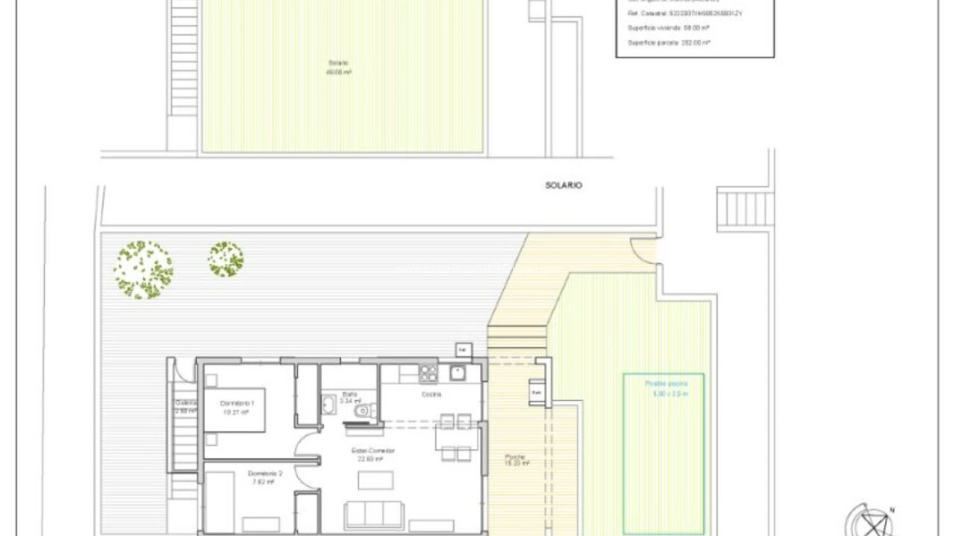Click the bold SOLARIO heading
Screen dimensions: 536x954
(563, 185)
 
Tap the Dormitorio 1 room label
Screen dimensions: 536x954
(237, 403)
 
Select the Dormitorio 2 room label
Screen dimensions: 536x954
(265, 473)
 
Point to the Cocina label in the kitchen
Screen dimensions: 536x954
(431, 394)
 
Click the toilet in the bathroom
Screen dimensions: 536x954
(363, 411)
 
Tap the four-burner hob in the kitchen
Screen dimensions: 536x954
(428, 373)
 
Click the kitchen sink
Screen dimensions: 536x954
(458, 373)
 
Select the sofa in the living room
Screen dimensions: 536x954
(373, 513)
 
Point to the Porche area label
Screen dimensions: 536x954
(515, 457)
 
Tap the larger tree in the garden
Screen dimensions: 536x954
(143, 269)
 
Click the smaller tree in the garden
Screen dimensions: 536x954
(225, 259)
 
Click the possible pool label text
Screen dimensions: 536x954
(666, 384)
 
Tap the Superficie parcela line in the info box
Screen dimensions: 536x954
(668, 43)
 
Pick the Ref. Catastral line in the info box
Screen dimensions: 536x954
(684, 13)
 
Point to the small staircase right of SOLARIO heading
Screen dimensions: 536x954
(745, 211)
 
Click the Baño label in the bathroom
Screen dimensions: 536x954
(350, 394)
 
